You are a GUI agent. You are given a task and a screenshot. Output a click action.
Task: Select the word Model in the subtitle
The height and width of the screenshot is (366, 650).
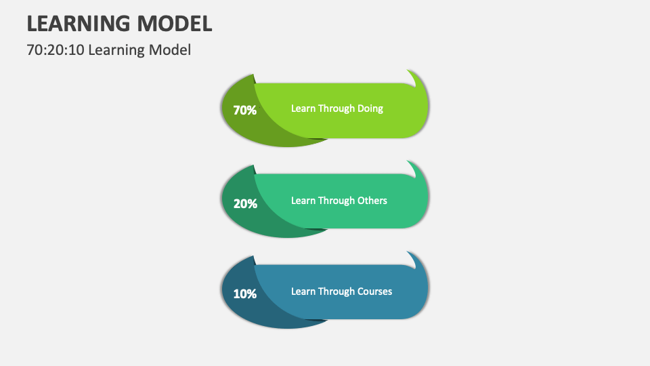point(170,50)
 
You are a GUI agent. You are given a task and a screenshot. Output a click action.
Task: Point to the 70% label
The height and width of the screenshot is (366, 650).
point(244,110)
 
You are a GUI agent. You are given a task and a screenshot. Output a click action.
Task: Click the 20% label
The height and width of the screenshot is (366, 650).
point(244,203)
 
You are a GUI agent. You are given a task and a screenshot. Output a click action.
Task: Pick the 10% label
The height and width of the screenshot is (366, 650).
point(244,293)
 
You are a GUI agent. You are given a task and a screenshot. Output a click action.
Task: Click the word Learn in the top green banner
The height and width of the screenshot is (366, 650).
point(303,108)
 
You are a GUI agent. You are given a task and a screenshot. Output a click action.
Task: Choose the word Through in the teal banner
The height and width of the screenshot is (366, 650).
point(337,201)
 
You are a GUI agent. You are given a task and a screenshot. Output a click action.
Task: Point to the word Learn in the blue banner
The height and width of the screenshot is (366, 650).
point(303,291)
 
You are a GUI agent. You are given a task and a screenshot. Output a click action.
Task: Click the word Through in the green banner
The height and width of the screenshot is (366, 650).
point(337,108)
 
